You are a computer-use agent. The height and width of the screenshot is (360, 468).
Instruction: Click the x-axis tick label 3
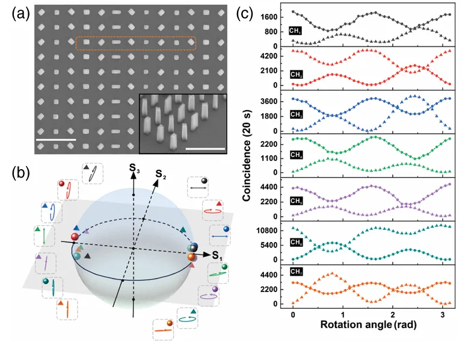(441, 315)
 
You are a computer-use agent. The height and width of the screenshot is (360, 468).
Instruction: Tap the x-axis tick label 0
(292, 315)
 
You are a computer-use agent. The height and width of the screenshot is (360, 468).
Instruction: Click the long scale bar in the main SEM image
(56, 140)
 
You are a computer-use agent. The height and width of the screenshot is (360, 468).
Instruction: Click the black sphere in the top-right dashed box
(204, 180)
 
